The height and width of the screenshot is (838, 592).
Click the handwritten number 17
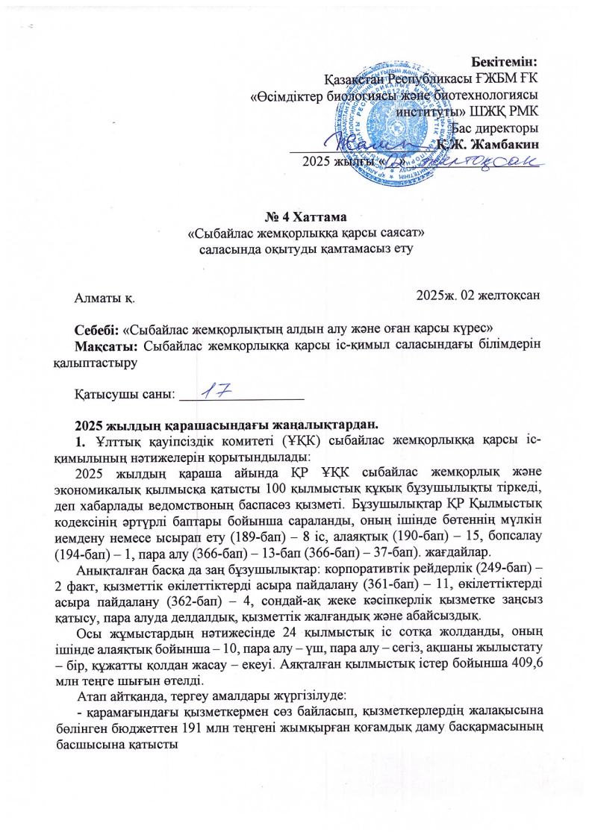214,390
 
